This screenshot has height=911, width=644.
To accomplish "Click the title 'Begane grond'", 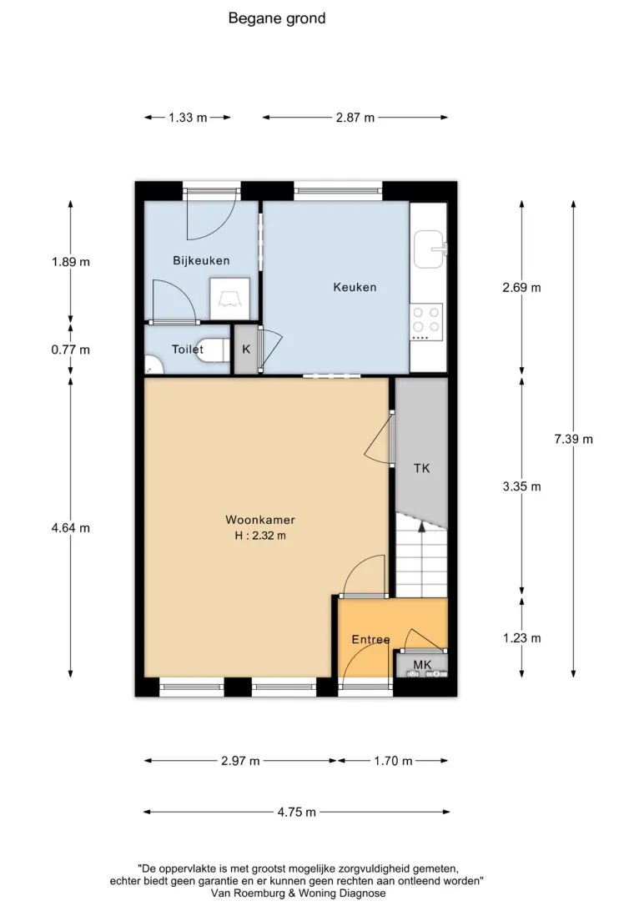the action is pyautogui.click(x=276, y=18).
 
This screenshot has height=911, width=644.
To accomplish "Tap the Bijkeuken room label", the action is pyautogui.click(x=201, y=261).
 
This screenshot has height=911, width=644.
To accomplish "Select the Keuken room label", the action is pyautogui.click(x=355, y=287).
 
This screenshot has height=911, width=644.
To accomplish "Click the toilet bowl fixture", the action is pyautogui.click(x=211, y=350).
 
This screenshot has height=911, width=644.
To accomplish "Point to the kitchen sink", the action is pyautogui.click(x=430, y=249).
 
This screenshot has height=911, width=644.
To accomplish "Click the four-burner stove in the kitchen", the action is pyautogui.click(x=426, y=321).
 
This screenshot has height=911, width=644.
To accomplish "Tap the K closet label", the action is pyautogui.click(x=246, y=350).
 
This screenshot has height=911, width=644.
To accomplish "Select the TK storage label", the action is pyautogui.click(x=421, y=468).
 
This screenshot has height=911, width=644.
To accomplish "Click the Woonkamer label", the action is pyautogui.click(x=260, y=520).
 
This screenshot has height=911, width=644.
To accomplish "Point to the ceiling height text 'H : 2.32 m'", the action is pyautogui.click(x=260, y=536).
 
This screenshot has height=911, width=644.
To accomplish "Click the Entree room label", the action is pyautogui.click(x=370, y=640).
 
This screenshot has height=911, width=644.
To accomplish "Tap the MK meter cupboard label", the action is pyautogui.click(x=422, y=665).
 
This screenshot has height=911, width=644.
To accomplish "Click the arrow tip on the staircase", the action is pyautogui.click(x=421, y=522).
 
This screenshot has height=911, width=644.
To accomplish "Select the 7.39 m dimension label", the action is pyautogui.click(x=574, y=439).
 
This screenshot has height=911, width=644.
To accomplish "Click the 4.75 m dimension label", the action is pyautogui.click(x=297, y=813).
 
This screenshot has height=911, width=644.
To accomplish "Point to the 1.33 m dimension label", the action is pyautogui.click(x=188, y=118).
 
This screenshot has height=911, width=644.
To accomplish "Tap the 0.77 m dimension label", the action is pyautogui.click(x=71, y=350).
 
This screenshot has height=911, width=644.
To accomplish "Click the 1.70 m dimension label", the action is pyautogui.click(x=393, y=761).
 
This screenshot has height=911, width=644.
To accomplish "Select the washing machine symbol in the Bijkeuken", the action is pyautogui.click(x=230, y=299).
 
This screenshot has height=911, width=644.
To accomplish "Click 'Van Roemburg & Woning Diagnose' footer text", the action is pyautogui.click(x=298, y=893).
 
